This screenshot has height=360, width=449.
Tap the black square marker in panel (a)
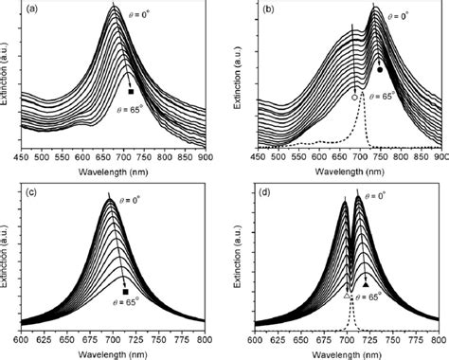tap(131, 91)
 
